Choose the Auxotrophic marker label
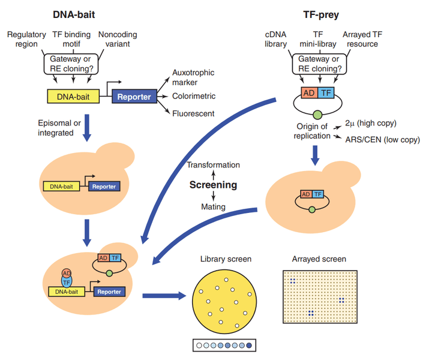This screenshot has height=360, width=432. pyautogui.click(x=193, y=77)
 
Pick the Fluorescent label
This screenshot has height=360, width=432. pyautogui.click(x=191, y=113)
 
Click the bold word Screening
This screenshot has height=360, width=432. pyautogui.click(x=213, y=185)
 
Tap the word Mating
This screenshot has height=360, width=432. pyautogui.click(x=214, y=206)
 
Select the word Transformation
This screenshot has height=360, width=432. pyautogui.click(x=213, y=165)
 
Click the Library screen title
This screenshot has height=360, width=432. pyautogui.click(x=226, y=259)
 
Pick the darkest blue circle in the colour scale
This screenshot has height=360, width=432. pyautogui.click(x=250, y=346)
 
